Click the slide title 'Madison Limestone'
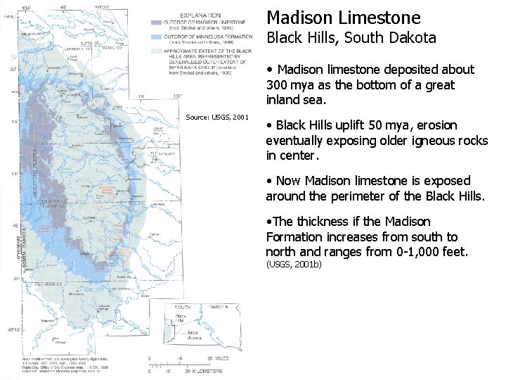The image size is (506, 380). coord(344,18)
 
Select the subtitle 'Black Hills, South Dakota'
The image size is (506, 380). coord(351,39)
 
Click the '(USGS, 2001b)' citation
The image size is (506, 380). coord(293,265)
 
